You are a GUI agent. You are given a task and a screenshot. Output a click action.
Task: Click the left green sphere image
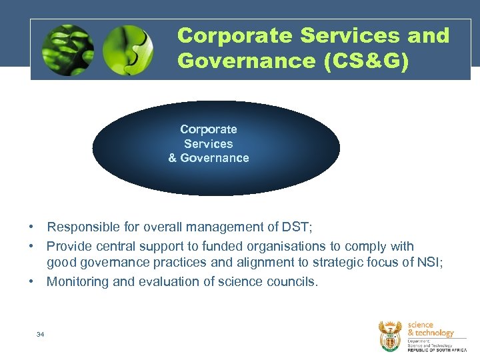67,51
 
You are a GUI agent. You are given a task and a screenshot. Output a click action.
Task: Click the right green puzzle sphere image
128,51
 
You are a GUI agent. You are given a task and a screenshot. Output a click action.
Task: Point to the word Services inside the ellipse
209,143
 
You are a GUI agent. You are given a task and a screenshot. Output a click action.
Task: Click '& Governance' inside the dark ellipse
209,158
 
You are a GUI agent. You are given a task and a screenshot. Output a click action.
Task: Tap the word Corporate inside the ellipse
209,129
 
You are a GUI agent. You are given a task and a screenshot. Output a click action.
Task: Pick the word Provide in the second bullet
69,246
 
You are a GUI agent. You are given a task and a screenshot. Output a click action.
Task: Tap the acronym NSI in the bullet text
427,263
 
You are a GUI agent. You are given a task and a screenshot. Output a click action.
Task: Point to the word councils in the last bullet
291,281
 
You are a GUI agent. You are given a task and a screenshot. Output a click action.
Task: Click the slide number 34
41,334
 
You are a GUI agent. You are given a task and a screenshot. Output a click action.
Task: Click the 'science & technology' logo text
430,329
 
